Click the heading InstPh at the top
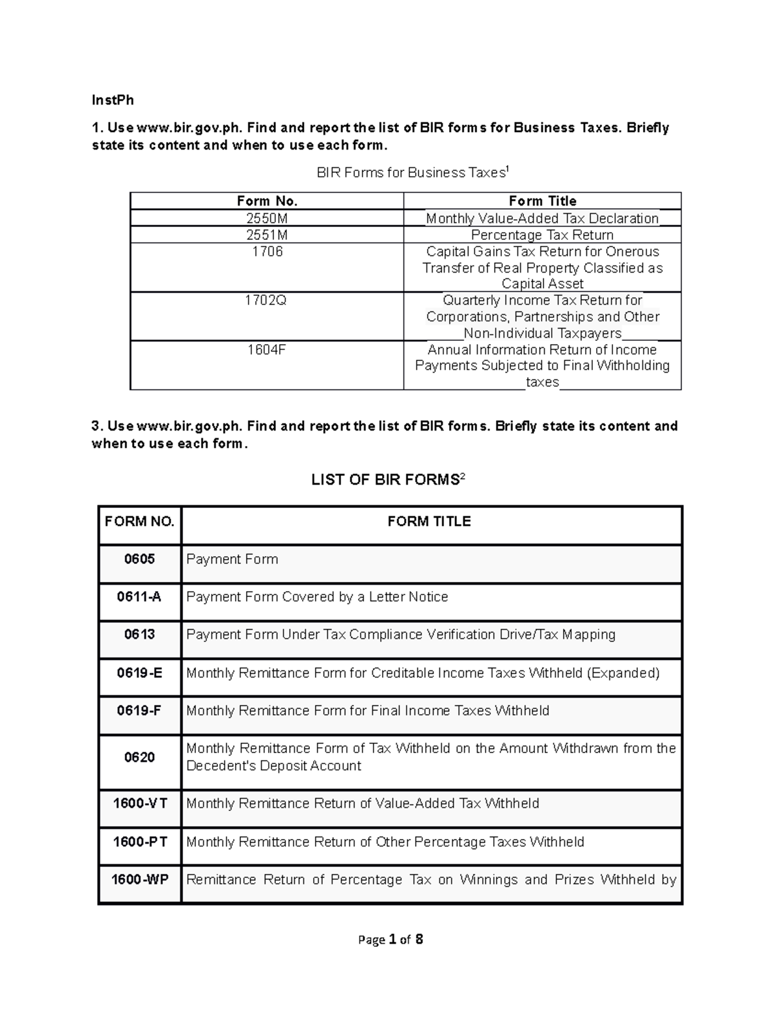pyautogui.click(x=113, y=100)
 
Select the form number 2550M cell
pyautogui.click(x=267, y=219)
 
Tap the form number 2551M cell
pyautogui.click(x=267, y=235)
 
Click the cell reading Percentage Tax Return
pyautogui.click(x=542, y=235)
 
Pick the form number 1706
pyautogui.click(x=267, y=252)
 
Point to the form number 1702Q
pyautogui.click(x=267, y=300)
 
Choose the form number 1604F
pyautogui.click(x=267, y=350)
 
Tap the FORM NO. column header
pyautogui.click(x=139, y=522)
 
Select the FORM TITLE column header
pyautogui.click(x=429, y=522)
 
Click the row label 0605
pyautogui.click(x=139, y=559)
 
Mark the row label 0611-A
pyautogui.click(x=139, y=597)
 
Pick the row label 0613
pyautogui.click(x=139, y=635)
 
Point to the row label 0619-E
pyautogui.click(x=139, y=673)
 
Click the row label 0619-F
pyautogui.click(x=139, y=711)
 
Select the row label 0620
pyautogui.click(x=139, y=758)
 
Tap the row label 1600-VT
pyautogui.click(x=139, y=804)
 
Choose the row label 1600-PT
pyautogui.click(x=139, y=842)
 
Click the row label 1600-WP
pyautogui.click(x=139, y=880)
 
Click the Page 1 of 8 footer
pyautogui.click(x=390, y=940)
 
